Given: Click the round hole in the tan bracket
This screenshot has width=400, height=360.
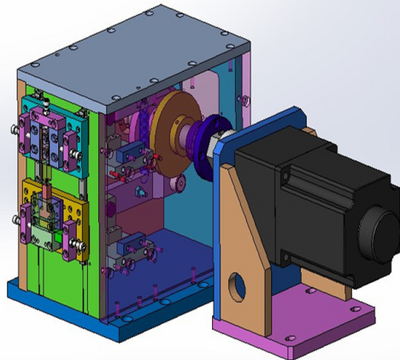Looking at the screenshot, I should click(x=235, y=286).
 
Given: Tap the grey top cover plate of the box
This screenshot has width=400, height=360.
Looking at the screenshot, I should click(x=162, y=60).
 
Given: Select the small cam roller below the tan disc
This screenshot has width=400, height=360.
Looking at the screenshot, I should click(x=179, y=184).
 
